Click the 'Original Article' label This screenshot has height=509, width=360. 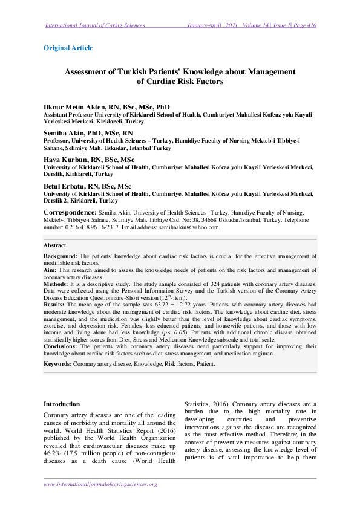click(x=68, y=47)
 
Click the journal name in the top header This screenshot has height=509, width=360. click(x=96, y=25)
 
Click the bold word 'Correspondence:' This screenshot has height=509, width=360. click(x=70, y=213)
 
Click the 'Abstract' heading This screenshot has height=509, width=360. click(x=55, y=246)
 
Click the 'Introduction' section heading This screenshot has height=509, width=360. click(x=62, y=404)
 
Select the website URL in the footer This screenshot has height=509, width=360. click(x=100, y=484)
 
